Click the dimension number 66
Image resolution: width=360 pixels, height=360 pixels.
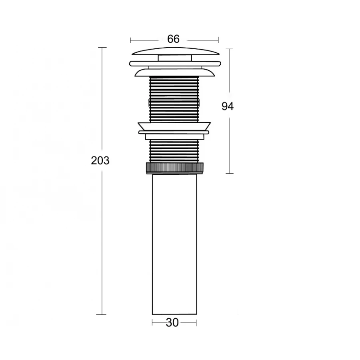(173, 39)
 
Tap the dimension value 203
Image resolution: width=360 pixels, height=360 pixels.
(100, 160)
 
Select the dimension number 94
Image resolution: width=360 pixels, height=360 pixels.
(228, 106)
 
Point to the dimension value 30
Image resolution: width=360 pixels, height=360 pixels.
(172, 323)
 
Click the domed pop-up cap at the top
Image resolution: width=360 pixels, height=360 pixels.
(175, 51)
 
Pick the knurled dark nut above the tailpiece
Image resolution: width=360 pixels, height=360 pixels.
(175, 168)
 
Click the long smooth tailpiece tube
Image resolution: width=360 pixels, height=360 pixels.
(174, 244)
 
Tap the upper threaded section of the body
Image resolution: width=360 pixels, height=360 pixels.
(174, 99)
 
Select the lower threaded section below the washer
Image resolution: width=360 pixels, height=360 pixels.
(174, 151)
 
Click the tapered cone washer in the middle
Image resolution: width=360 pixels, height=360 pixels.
(174, 126)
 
